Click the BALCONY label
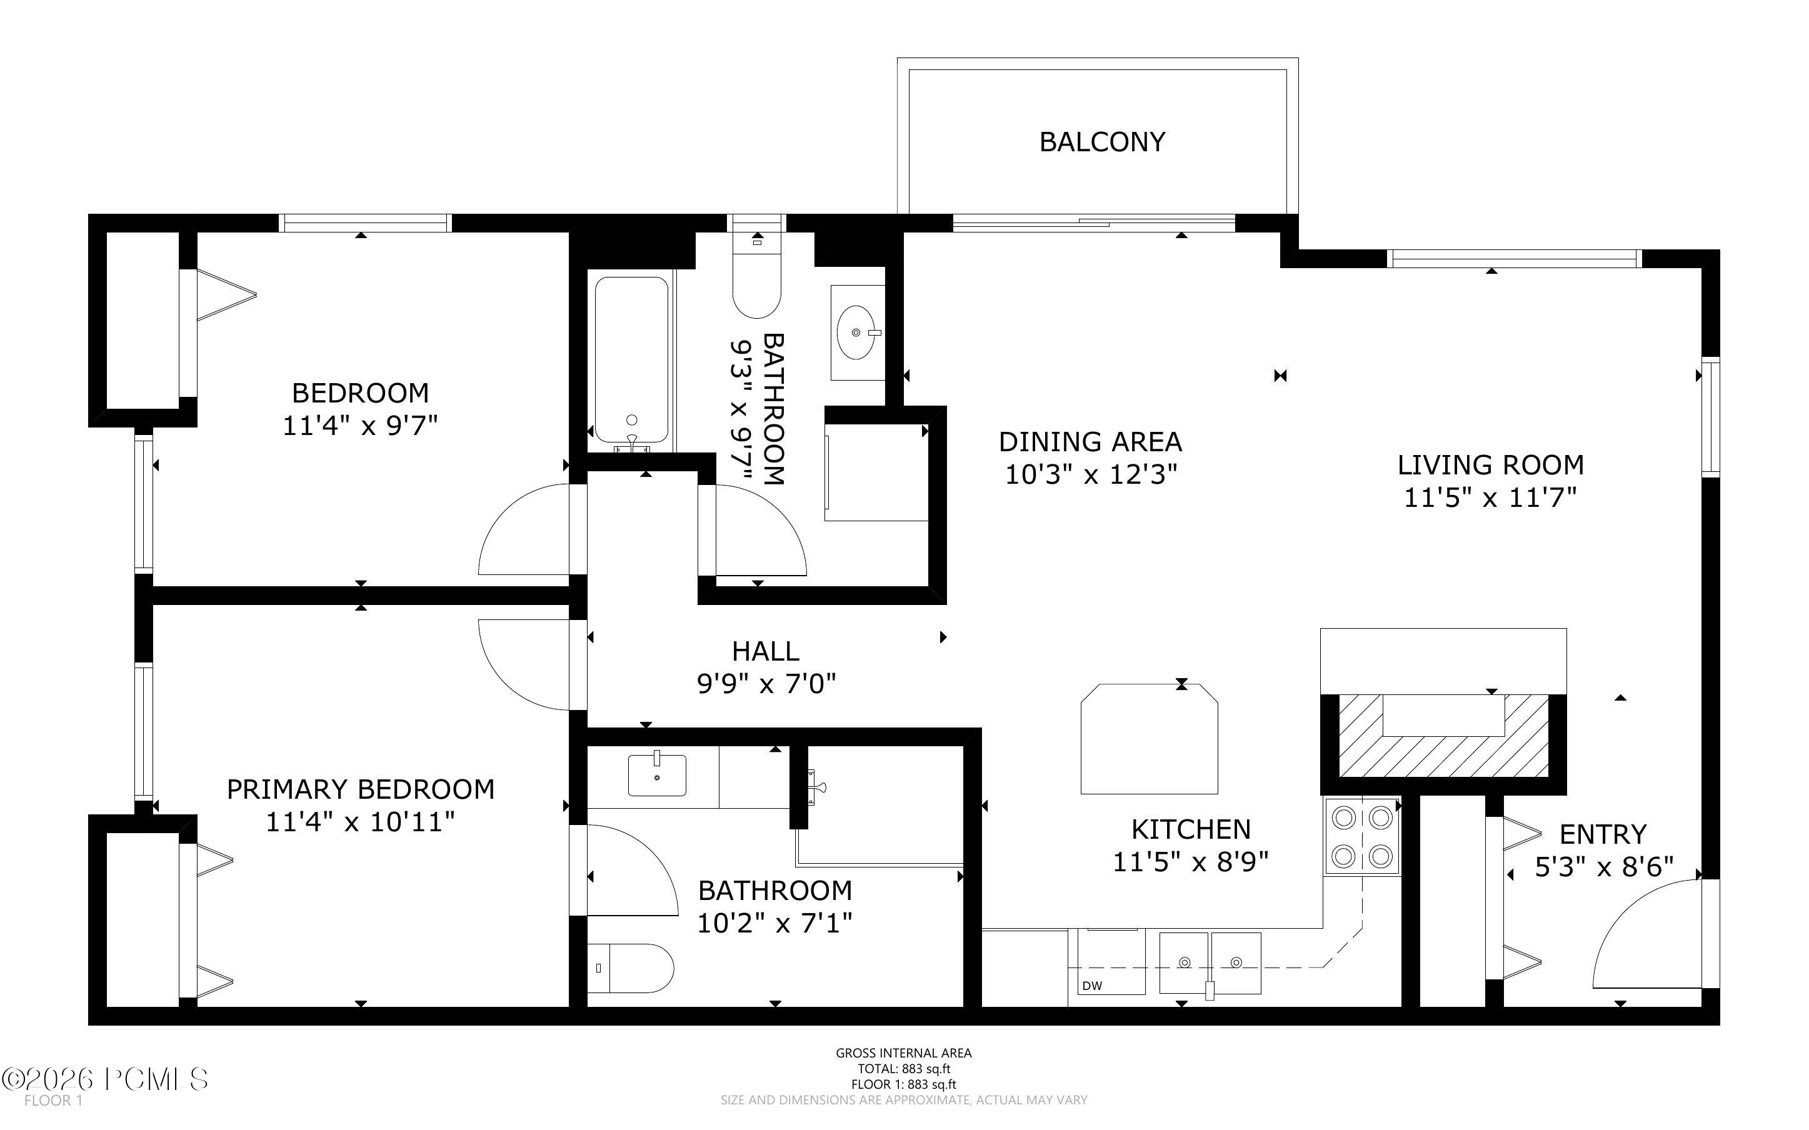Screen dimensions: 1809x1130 (1102, 142)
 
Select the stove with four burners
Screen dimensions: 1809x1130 (1362, 836)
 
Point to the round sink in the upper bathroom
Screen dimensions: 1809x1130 (858, 332)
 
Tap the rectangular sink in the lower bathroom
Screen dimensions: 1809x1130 (657, 775)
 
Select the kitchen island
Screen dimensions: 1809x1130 (1149, 738)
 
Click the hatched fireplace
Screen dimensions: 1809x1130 (1443, 736)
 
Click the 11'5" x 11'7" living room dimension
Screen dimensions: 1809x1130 (1490, 497)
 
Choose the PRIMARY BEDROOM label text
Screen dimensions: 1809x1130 (360, 790)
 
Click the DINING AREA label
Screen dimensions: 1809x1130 (1090, 442)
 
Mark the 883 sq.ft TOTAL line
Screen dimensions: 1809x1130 (903, 1069)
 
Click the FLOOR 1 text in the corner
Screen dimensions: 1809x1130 (53, 1101)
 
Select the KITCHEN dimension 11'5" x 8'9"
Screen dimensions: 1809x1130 (1190, 862)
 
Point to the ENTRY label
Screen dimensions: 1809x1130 (1603, 834)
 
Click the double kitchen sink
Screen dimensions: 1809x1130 (1210, 962)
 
